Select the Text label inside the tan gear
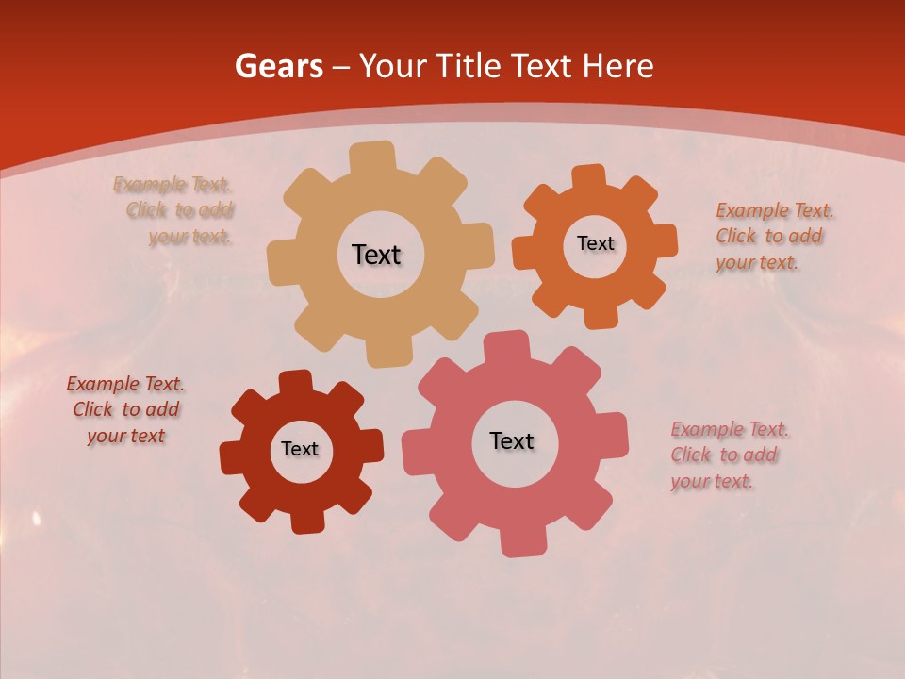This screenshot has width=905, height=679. point(376,255)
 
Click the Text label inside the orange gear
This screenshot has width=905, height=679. point(595,243)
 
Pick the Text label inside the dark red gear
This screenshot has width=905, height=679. point(300,449)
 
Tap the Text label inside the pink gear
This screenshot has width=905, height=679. point(512,440)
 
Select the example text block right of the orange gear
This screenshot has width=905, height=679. point(768,236)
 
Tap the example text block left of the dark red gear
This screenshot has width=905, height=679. point(125,409)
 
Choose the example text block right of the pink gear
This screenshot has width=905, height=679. point(728,455)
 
